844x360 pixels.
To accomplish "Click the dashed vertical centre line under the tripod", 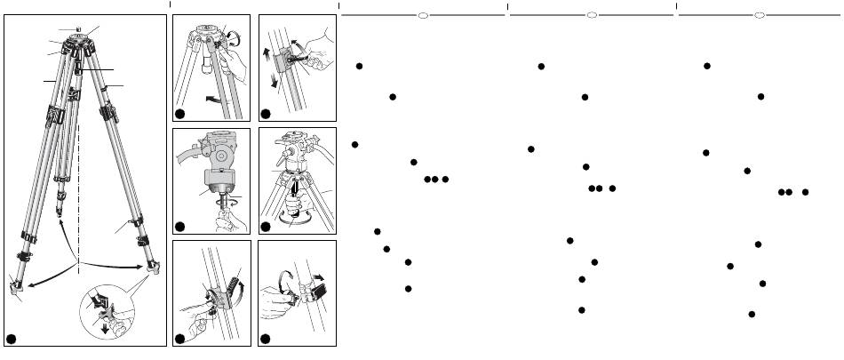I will (79, 178).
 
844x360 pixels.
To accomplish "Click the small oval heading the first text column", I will (424, 15).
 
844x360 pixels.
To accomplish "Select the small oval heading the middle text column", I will (591, 15).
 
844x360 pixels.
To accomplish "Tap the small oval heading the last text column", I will (760, 15).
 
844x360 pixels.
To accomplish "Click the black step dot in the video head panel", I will (181, 226).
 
